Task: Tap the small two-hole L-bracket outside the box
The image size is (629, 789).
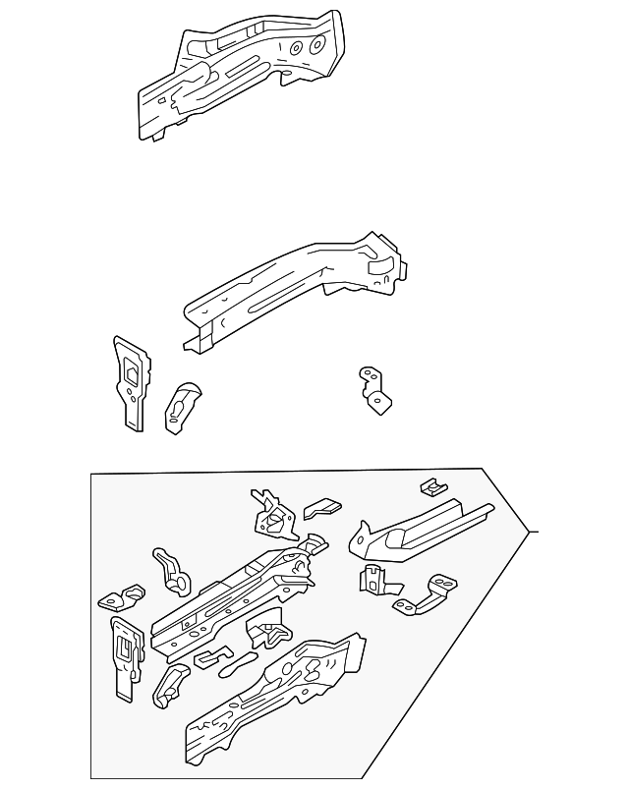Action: (373, 391)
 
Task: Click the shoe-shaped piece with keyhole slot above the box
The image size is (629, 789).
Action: (183, 403)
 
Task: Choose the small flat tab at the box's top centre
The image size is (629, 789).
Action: (321, 508)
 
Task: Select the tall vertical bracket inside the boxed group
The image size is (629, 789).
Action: (124, 656)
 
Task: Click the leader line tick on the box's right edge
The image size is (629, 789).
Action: (535, 532)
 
